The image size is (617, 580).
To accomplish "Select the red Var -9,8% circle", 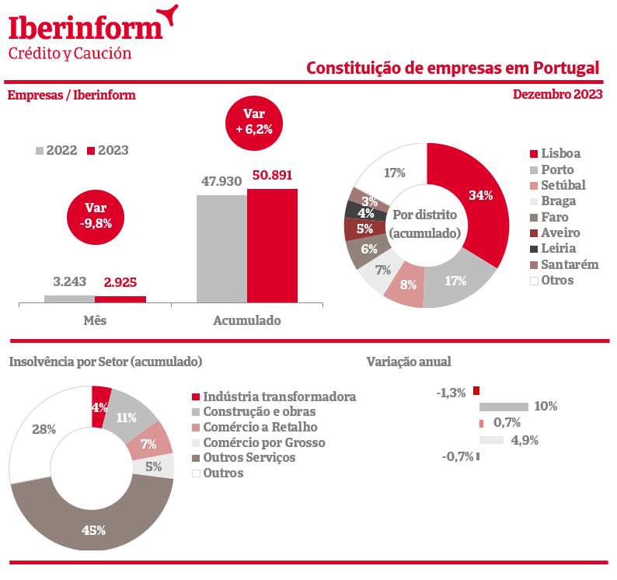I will tap(96, 215).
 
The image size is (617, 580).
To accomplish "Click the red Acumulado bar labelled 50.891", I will tap(272, 245).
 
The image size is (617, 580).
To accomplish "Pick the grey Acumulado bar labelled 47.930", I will tap(221, 248).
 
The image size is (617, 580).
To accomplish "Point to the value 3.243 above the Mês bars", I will tap(69, 281).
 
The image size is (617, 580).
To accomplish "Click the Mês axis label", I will tap(95, 320).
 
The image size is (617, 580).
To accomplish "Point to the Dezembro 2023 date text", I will tap(557, 95).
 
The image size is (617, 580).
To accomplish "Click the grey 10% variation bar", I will tap(504, 406).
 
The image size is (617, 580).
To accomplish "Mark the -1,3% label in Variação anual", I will tap(451, 393).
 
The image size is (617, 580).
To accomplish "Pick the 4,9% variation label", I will tap(525, 440).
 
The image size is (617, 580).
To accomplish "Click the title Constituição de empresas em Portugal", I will tap(452, 68).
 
